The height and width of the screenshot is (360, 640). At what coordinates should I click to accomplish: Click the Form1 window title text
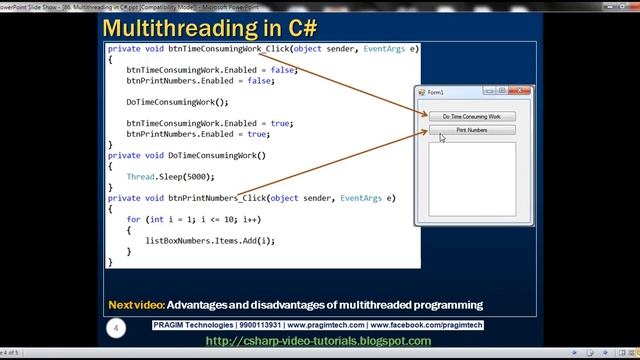[435, 93]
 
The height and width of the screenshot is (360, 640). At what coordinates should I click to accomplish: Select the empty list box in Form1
[471, 179]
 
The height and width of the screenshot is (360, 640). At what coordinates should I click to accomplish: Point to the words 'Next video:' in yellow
[135, 304]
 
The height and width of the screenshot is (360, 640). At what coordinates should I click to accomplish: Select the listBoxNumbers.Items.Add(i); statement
[209, 240]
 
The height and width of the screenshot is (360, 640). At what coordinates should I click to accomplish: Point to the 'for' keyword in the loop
[133, 219]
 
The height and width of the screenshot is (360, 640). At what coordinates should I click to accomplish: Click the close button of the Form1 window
[518, 93]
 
